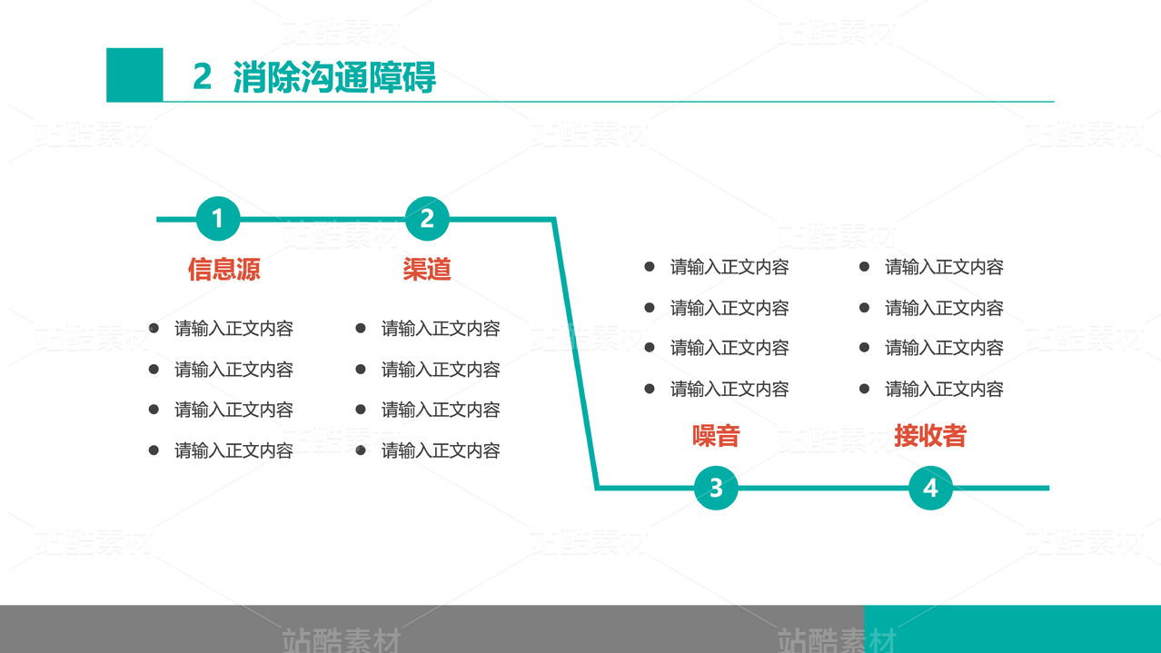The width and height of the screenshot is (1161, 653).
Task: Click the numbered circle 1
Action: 218,219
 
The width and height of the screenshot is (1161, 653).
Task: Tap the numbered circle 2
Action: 427,219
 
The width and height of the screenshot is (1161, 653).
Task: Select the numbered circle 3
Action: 716,488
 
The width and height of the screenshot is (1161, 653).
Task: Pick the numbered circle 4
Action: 930,488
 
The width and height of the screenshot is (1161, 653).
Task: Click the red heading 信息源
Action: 223,269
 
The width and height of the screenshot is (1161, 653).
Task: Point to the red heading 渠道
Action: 427,269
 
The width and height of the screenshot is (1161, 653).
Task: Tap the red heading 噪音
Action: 716,436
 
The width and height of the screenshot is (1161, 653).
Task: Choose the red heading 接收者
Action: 929,436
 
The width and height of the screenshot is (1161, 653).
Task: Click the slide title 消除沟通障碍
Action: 334,77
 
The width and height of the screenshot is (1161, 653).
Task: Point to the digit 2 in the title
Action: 202,77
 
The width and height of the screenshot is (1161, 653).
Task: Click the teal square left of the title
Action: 134,74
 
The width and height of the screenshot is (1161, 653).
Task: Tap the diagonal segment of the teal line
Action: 576,354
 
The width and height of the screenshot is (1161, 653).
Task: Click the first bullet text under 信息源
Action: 233,329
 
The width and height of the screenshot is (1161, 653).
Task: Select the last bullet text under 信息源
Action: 233,450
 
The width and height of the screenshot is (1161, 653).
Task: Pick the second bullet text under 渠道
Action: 441,370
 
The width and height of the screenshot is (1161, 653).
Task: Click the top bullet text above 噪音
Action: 729,267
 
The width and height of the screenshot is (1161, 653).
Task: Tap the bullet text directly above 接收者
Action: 944,390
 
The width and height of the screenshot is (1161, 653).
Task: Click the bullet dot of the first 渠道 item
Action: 361,328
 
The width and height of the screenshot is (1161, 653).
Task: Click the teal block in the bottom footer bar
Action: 1012,628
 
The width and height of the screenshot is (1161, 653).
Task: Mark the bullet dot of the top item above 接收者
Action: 865,266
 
